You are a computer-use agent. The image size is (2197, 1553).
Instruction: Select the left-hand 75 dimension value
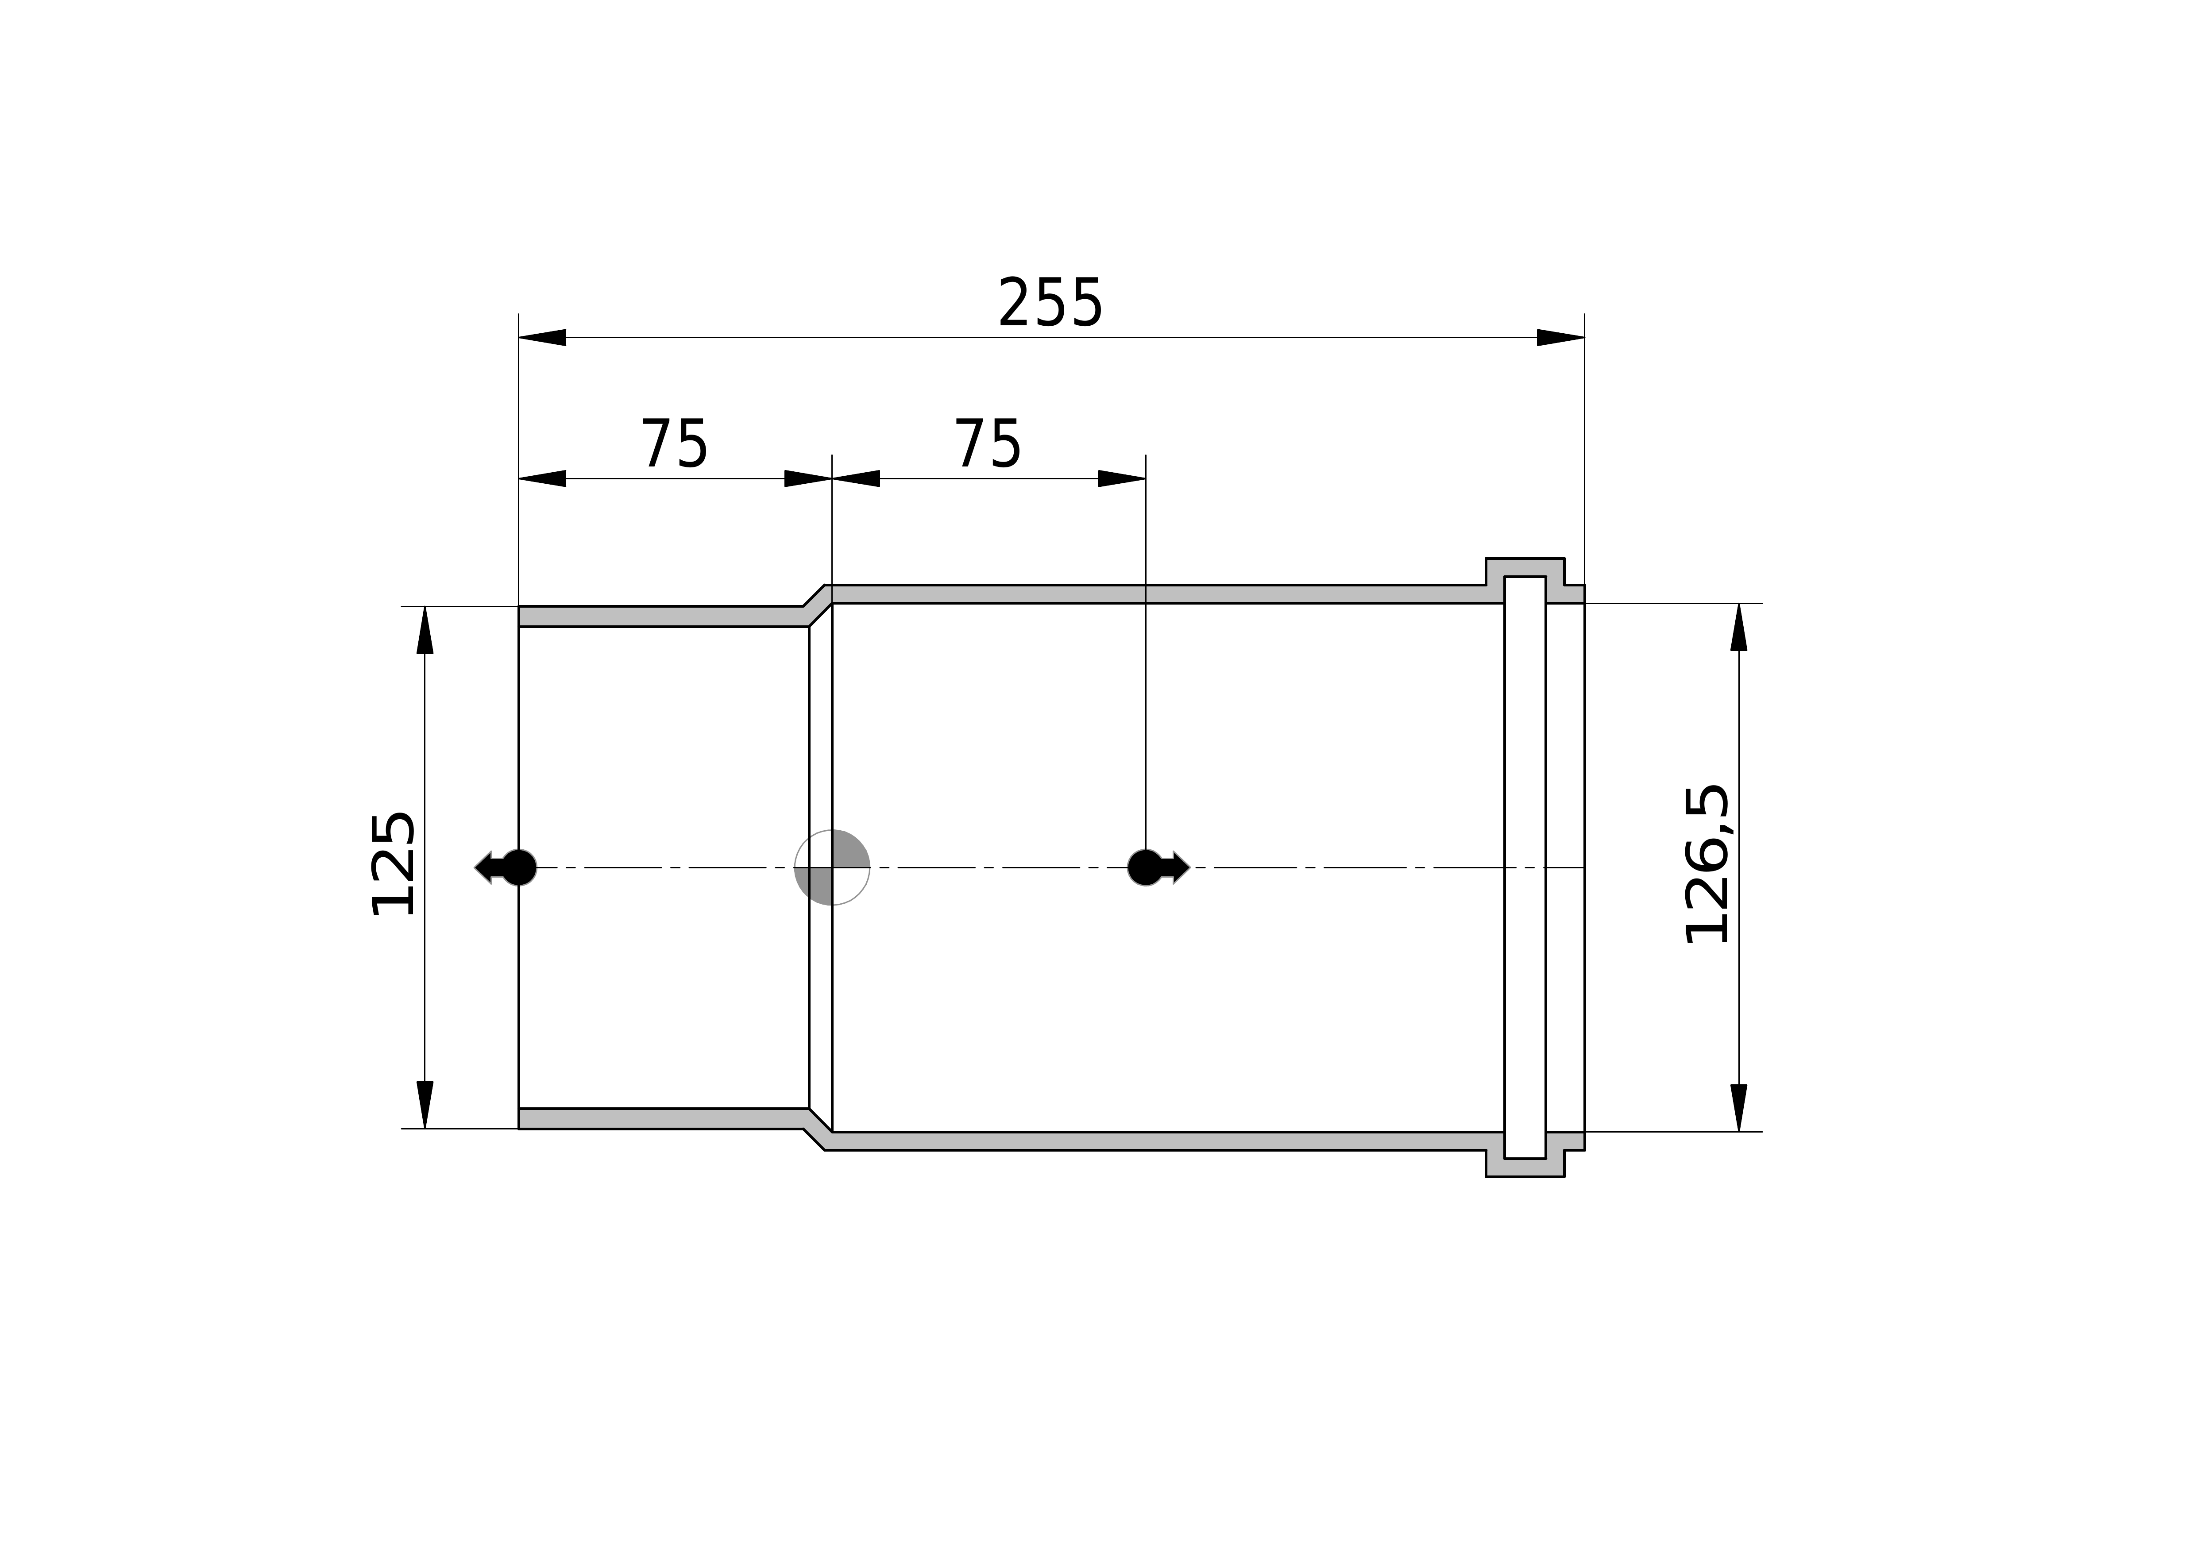[675, 444]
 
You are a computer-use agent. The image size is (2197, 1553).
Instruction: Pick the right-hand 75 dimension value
[988, 444]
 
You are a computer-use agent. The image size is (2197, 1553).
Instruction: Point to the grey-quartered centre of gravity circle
[831, 867]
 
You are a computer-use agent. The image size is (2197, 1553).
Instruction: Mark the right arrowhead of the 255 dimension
[1561, 337]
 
